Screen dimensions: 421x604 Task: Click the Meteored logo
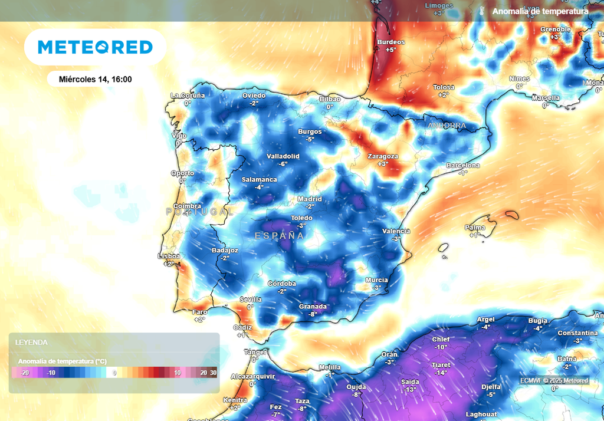(95, 47)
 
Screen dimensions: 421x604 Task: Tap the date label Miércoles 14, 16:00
(96, 79)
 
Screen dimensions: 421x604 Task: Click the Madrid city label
(310, 199)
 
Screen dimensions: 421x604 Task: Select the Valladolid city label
(283, 156)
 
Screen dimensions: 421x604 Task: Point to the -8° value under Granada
(313, 314)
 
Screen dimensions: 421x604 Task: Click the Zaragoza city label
(383, 156)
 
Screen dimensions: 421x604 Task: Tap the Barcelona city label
(463, 166)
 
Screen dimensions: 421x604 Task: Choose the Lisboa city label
(169, 256)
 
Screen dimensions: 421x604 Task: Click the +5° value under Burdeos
(390, 50)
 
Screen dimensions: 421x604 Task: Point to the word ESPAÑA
(279, 235)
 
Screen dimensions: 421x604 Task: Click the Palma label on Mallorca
(475, 228)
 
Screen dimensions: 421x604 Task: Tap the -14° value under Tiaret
(441, 373)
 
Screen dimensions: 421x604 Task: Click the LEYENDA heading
(31, 342)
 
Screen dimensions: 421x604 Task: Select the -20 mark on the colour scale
(25, 373)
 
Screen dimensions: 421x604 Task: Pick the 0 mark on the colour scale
(115, 373)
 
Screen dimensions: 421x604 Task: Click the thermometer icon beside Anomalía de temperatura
(482, 11)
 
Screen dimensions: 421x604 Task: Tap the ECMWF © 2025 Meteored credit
(554, 381)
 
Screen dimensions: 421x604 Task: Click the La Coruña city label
(188, 95)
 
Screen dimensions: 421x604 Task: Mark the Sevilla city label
(250, 300)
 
